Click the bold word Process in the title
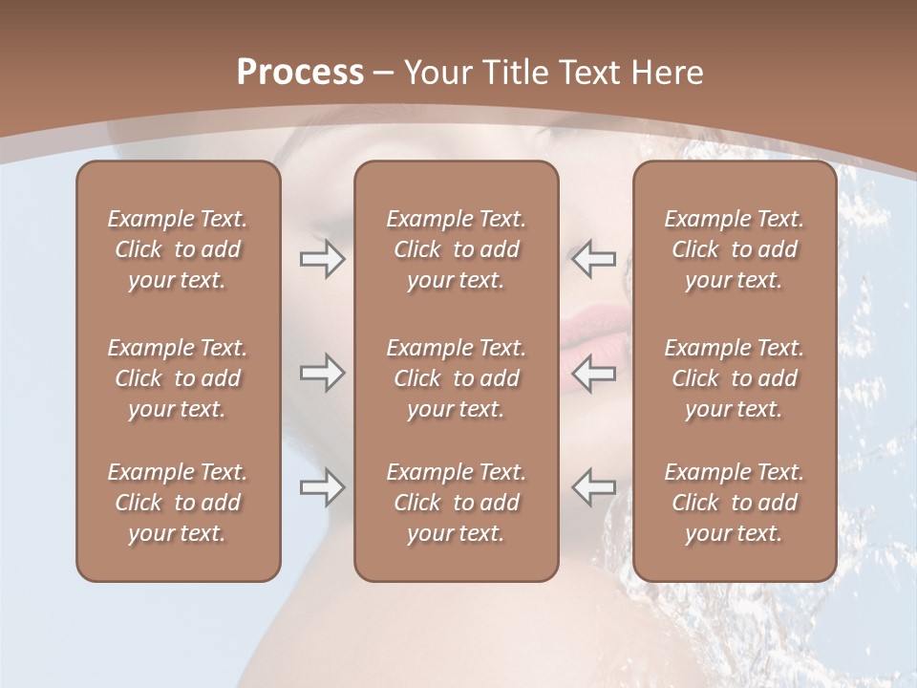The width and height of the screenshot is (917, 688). point(300,73)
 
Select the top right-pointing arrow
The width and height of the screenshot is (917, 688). point(323,259)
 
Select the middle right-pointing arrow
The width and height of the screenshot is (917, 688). point(323,373)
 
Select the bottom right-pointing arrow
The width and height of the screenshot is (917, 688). point(323,487)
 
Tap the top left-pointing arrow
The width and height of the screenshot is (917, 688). point(594,259)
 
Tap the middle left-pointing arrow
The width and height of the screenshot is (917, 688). point(594,373)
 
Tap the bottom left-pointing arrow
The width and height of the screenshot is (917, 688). point(594,487)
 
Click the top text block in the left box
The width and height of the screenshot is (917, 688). point(178,249)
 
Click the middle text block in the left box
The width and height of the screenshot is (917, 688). point(178,378)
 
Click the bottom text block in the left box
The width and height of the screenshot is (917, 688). point(178,503)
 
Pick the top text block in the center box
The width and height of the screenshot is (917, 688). point(457,249)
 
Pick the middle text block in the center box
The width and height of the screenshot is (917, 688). point(457,378)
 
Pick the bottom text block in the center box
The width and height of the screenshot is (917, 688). point(457,503)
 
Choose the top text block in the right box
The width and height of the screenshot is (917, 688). point(735,249)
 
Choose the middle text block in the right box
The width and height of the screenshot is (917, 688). point(735,378)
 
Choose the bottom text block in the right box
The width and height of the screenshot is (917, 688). point(735,503)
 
